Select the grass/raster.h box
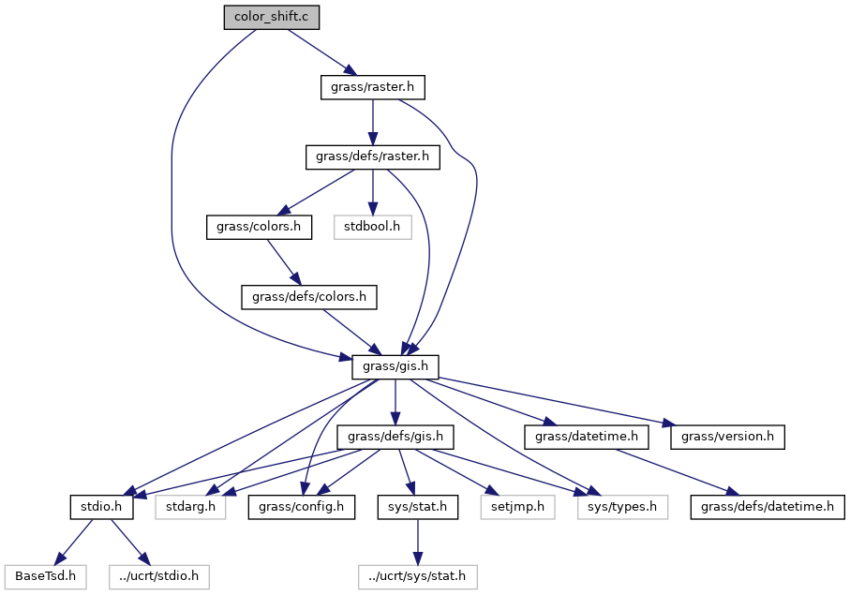(x=372, y=88)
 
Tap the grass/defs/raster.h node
(x=373, y=157)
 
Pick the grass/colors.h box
(x=259, y=228)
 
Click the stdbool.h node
(x=373, y=228)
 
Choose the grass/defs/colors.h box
(x=309, y=298)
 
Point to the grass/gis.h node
(x=395, y=367)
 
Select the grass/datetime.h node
(x=587, y=438)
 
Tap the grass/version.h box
(x=727, y=438)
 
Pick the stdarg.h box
(x=191, y=508)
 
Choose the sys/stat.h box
(x=417, y=508)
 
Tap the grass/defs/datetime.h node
(x=768, y=508)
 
